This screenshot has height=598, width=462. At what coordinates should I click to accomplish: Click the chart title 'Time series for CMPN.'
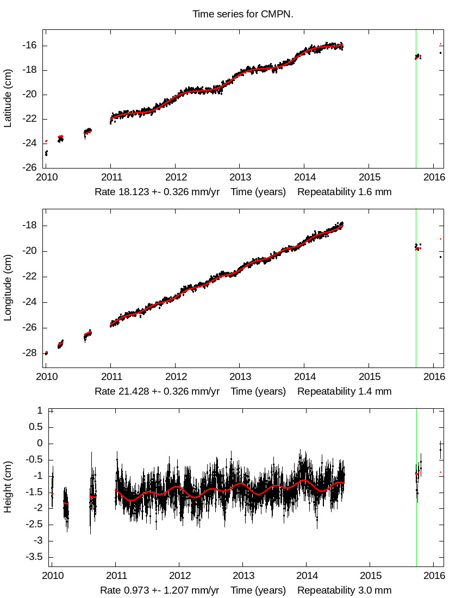[x=242, y=14]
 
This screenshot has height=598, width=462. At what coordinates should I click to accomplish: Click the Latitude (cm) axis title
[x=8, y=98]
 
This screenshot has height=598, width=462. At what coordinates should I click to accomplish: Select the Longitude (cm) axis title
[x=8, y=289]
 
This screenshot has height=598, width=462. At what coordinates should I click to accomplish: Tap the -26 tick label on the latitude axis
[x=29, y=167]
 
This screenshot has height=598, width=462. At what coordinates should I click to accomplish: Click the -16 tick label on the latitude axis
[x=29, y=46]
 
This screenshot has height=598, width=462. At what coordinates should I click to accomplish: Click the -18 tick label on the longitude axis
[x=29, y=226]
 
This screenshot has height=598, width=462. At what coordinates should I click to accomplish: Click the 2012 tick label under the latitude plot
[x=175, y=177]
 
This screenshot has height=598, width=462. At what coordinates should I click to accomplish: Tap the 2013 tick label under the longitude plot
[x=240, y=376]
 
